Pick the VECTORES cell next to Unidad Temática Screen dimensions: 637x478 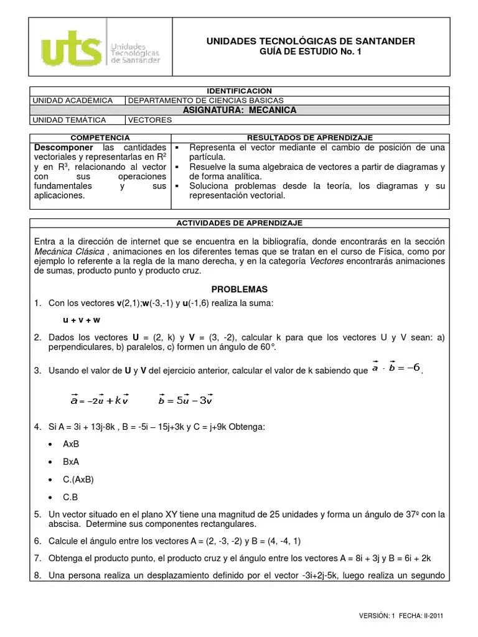[x=150, y=120]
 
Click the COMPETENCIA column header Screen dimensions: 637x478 [x=100, y=137]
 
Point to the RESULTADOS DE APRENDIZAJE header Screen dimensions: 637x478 [x=309, y=137]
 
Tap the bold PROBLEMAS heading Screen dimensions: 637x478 [x=239, y=289]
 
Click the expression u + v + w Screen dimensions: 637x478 [x=82, y=320]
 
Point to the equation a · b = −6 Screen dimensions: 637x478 [x=396, y=368]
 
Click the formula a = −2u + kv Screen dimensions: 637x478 [x=100, y=400]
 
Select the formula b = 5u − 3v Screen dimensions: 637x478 [x=186, y=400]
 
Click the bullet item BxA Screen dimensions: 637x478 [x=72, y=462]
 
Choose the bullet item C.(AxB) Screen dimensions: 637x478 [x=78, y=480]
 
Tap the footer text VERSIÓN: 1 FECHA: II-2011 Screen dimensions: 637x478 [x=401, y=616]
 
